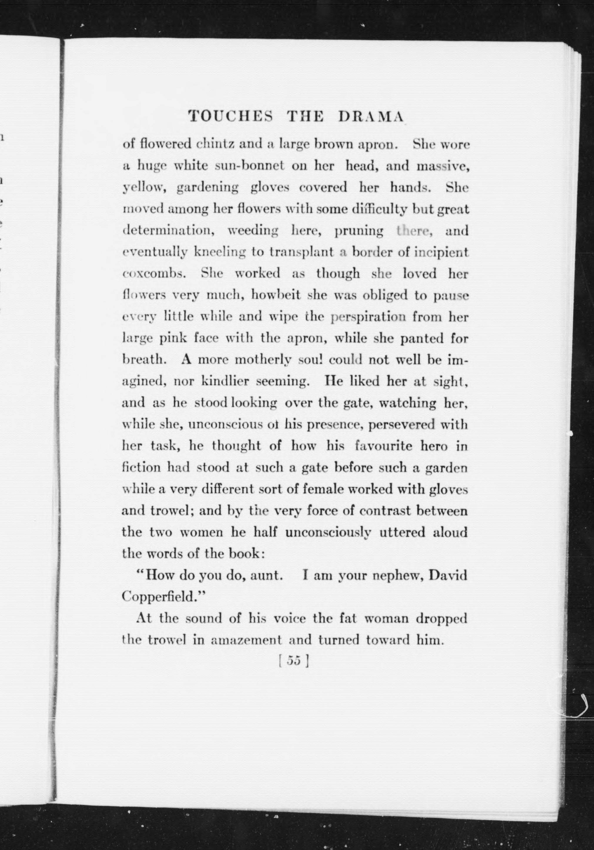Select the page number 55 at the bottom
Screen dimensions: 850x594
click(293, 661)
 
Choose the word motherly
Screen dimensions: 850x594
click(263, 360)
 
